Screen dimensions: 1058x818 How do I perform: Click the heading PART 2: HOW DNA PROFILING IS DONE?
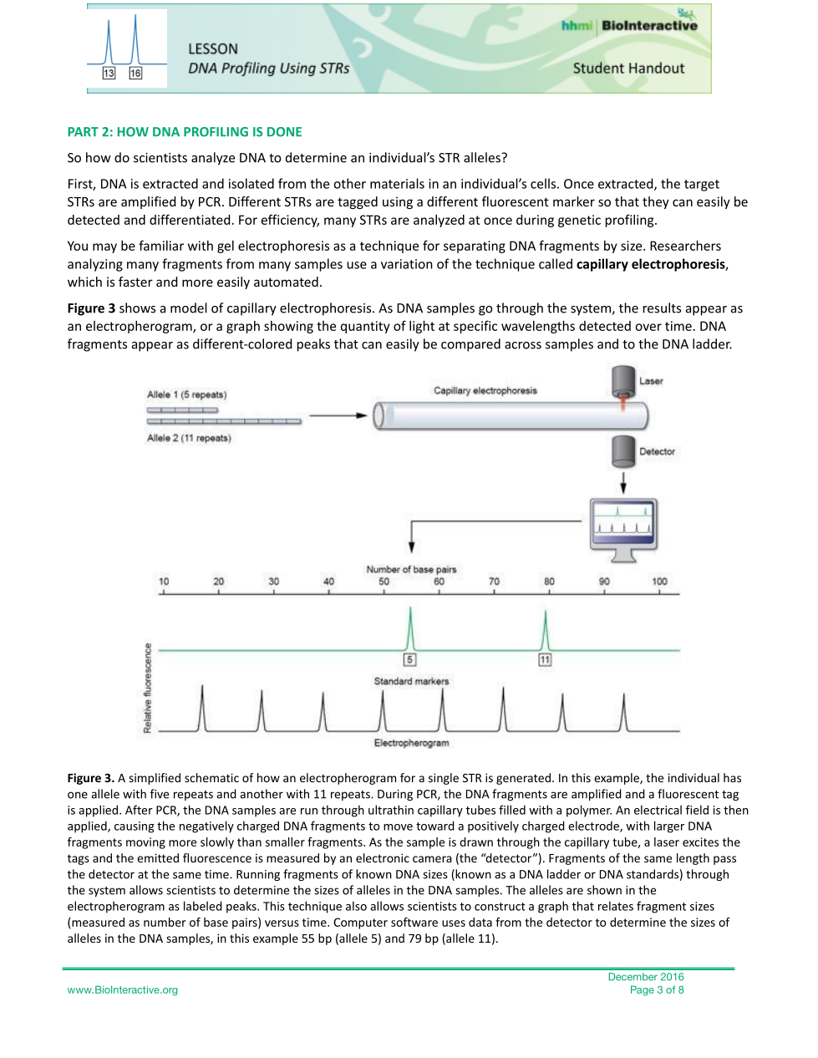coord(185,132)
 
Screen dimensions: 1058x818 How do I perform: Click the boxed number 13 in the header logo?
coord(109,74)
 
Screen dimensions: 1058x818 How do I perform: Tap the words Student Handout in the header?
coord(628,69)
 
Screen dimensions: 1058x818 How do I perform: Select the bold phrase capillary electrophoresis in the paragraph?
coord(651,264)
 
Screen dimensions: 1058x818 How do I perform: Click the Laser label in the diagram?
coord(651,381)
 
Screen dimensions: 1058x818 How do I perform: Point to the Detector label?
coord(657,451)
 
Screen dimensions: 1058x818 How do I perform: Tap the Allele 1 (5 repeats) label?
coord(186,394)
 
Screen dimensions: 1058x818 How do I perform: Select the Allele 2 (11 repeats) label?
coord(189,438)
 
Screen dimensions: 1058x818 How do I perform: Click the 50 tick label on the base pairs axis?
coord(384,582)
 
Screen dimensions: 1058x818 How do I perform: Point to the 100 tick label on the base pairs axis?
coord(659,582)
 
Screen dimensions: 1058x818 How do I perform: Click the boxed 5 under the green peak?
coord(409,659)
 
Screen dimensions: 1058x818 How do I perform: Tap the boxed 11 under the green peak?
coord(545,659)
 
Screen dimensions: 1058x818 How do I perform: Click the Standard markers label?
coord(411,681)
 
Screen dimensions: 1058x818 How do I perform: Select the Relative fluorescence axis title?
coord(148,688)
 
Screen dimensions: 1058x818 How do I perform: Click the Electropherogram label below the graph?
coord(411,743)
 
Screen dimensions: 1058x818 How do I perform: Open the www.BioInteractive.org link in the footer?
coord(123,990)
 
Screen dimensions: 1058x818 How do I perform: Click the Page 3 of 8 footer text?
coord(657,990)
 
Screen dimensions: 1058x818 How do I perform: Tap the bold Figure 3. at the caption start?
coord(91,778)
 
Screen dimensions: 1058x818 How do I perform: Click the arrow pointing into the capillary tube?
coord(338,415)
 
